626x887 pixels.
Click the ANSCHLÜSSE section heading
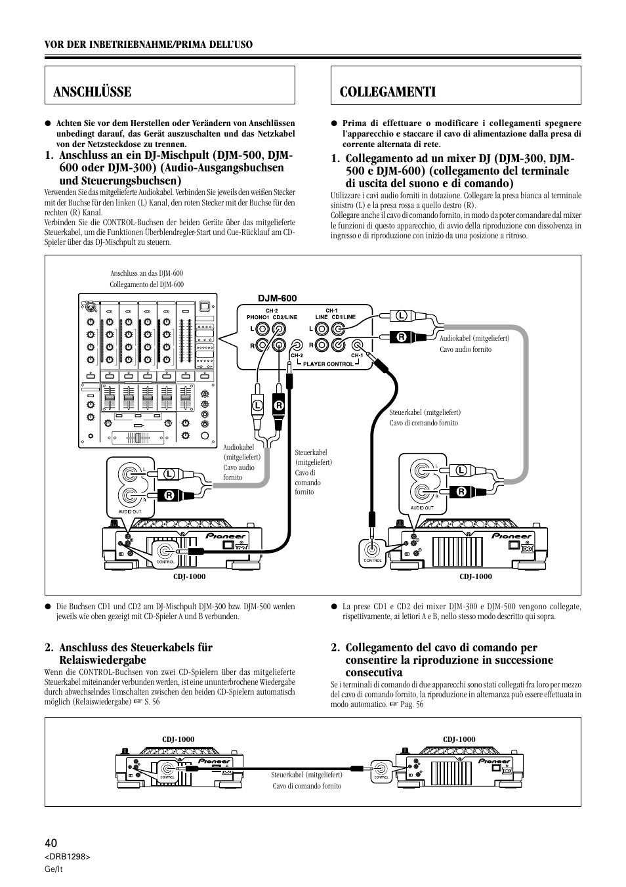tap(93, 92)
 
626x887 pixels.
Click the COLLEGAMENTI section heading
tap(388, 92)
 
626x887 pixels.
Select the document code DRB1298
tap(67, 857)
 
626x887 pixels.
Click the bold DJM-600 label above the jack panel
tap(262, 298)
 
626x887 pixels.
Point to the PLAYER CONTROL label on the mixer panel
tap(328, 364)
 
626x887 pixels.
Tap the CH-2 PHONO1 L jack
tap(262, 329)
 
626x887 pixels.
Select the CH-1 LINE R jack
tap(322, 345)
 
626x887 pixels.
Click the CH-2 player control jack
tap(298, 345)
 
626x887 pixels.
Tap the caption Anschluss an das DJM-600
tap(146, 272)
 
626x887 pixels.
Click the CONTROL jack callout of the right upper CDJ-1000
tap(373, 551)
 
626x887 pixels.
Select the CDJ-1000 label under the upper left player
tap(190, 576)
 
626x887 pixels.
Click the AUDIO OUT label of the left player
tap(128, 507)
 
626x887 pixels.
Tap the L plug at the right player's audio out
tap(461, 470)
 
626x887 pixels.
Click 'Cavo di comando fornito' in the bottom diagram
tap(307, 786)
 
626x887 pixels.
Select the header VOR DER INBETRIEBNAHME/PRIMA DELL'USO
tap(149, 44)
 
